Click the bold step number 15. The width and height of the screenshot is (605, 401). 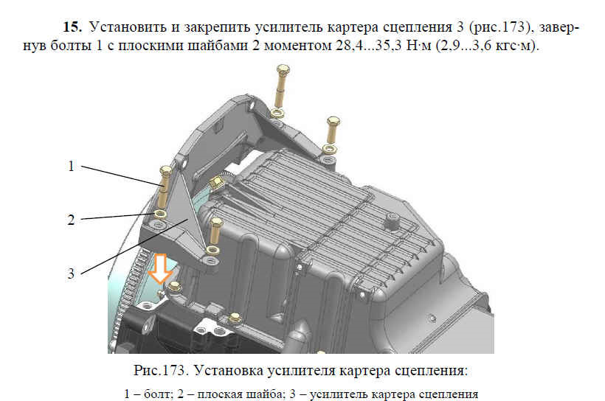pos(72,27)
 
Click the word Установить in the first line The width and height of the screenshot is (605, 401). pos(128,27)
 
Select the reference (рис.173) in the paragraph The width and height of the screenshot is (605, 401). pos(500,27)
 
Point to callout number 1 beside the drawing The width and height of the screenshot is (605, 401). pos(71,166)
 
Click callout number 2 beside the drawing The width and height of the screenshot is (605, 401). pos(71,220)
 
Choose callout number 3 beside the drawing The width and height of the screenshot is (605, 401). pos(71,273)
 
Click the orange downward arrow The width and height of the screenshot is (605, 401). pos(161,268)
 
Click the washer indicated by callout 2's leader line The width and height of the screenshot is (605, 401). pos(160,214)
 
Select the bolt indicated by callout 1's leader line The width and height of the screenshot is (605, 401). pos(165,188)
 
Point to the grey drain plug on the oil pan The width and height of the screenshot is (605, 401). pos(393,221)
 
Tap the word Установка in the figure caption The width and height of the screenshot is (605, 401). pos(229,371)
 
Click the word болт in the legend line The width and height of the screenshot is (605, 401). pos(157,394)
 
